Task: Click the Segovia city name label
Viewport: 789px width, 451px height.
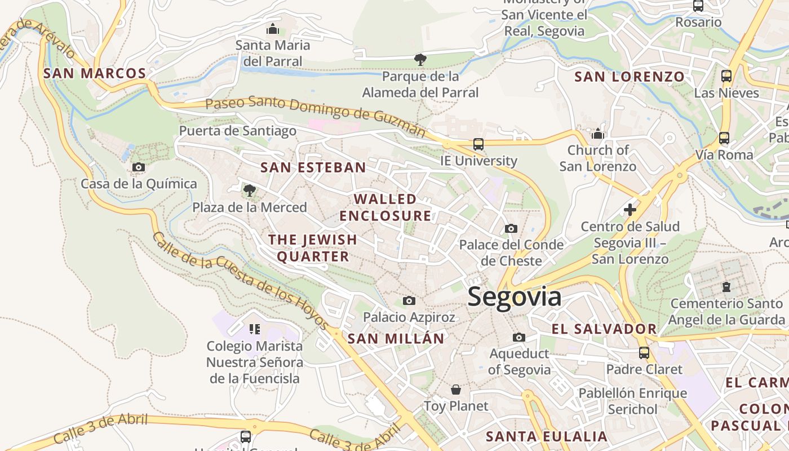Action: pyautogui.click(x=514, y=297)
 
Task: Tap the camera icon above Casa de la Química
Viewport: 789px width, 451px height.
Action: pyautogui.click(x=138, y=167)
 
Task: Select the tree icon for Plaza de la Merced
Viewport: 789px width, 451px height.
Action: pyautogui.click(x=250, y=191)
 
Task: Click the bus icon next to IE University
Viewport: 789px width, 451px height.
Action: pyautogui.click(x=478, y=144)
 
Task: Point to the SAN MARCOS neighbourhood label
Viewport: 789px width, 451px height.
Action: pyautogui.click(x=95, y=73)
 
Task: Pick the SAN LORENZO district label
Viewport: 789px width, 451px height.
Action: pyautogui.click(x=630, y=77)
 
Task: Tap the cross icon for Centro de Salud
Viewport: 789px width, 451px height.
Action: pyautogui.click(x=630, y=210)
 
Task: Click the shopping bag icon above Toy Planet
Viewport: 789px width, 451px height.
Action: pyautogui.click(x=456, y=390)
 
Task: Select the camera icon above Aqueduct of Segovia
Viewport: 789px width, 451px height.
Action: pyautogui.click(x=519, y=337)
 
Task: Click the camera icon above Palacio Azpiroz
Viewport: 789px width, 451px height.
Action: pyautogui.click(x=409, y=301)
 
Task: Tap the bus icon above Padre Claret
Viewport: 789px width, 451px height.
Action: pyautogui.click(x=644, y=353)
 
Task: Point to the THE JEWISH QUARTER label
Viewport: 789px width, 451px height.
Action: pyautogui.click(x=313, y=248)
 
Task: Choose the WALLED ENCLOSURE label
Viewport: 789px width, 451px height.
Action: pyautogui.click(x=385, y=207)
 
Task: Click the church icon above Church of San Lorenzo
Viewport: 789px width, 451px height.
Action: pyautogui.click(x=598, y=134)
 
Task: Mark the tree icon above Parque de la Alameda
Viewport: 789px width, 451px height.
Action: pyautogui.click(x=420, y=59)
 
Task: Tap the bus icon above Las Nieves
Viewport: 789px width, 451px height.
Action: pyautogui.click(x=726, y=76)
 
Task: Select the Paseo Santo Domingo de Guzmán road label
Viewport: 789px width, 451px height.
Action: pyautogui.click(x=316, y=117)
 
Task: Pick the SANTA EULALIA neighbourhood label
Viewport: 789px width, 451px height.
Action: pyautogui.click(x=547, y=436)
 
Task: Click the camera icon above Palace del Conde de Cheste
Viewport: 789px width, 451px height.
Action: pyautogui.click(x=511, y=228)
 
